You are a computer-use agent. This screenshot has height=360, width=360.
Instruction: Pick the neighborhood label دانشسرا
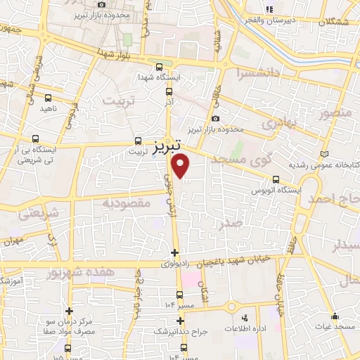(x=259, y=71)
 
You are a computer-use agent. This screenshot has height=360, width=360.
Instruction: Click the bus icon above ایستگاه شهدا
(x=160, y=65)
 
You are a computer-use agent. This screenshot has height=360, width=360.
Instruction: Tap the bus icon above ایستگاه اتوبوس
(x=276, y=179)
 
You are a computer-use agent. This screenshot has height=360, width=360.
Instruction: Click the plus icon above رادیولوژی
(x=174, y=252)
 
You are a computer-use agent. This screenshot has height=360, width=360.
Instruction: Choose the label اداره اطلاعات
(x=245, y=328)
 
